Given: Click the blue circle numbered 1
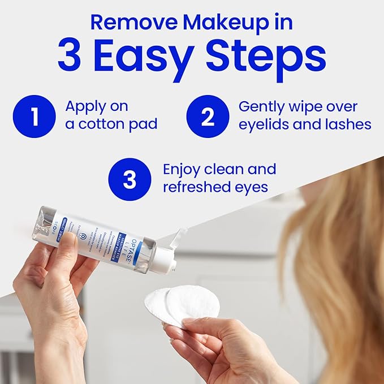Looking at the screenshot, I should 35,116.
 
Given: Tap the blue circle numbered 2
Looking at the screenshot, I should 208,116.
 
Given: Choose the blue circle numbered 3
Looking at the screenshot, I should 130,179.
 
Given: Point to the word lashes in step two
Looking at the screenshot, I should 348,124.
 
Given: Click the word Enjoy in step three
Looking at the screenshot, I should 182,169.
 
